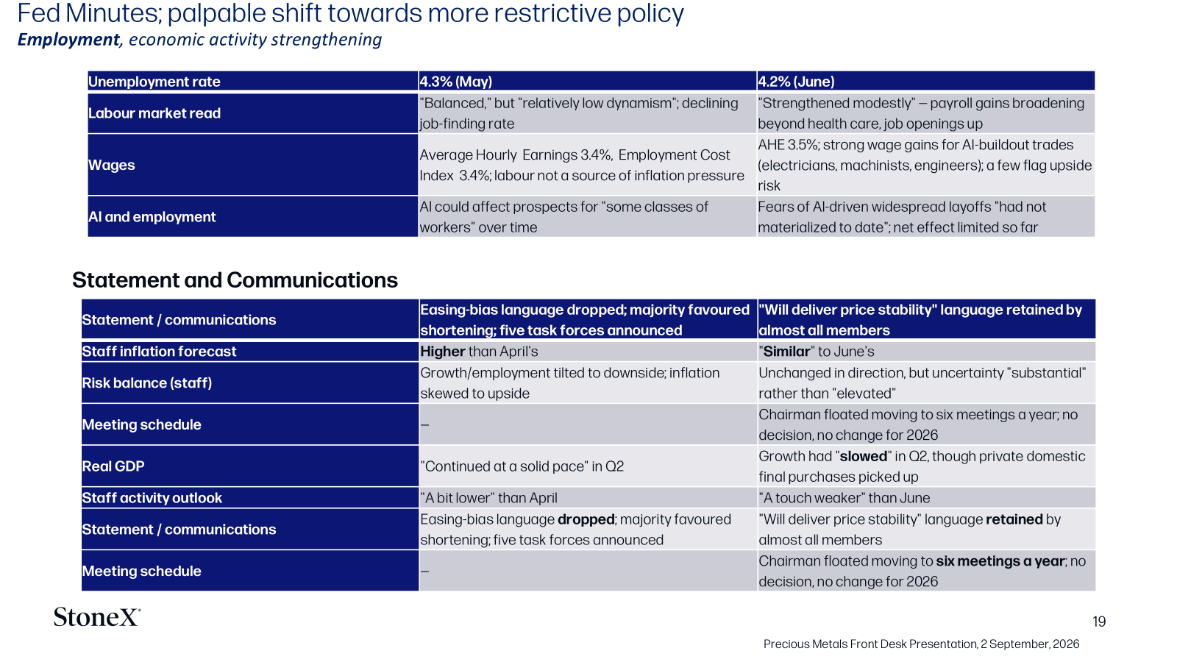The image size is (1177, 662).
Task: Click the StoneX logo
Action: tap(97, 617)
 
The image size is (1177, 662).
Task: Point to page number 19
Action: tap(1099, 622)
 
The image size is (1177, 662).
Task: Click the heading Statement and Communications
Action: tap(235, 280)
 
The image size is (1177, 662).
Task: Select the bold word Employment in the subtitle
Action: tap(68, 40)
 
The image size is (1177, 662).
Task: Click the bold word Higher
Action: tap(442, 352)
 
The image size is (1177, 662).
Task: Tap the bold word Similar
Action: tap(786, 352)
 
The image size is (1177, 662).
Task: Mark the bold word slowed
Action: tap(864, 456)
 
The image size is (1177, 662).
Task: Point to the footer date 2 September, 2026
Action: tap(1030, 644)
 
